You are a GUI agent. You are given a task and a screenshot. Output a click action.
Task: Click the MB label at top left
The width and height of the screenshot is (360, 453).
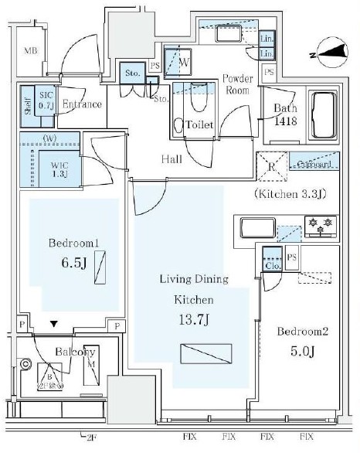(30, 51)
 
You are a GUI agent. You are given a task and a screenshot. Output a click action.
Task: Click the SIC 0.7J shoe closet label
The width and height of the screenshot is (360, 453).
(45, 99)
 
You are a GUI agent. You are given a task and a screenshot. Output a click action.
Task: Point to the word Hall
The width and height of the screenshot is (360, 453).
(171, 158)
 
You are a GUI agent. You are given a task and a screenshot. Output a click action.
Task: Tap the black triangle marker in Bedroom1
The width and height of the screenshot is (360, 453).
(53, 325)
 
